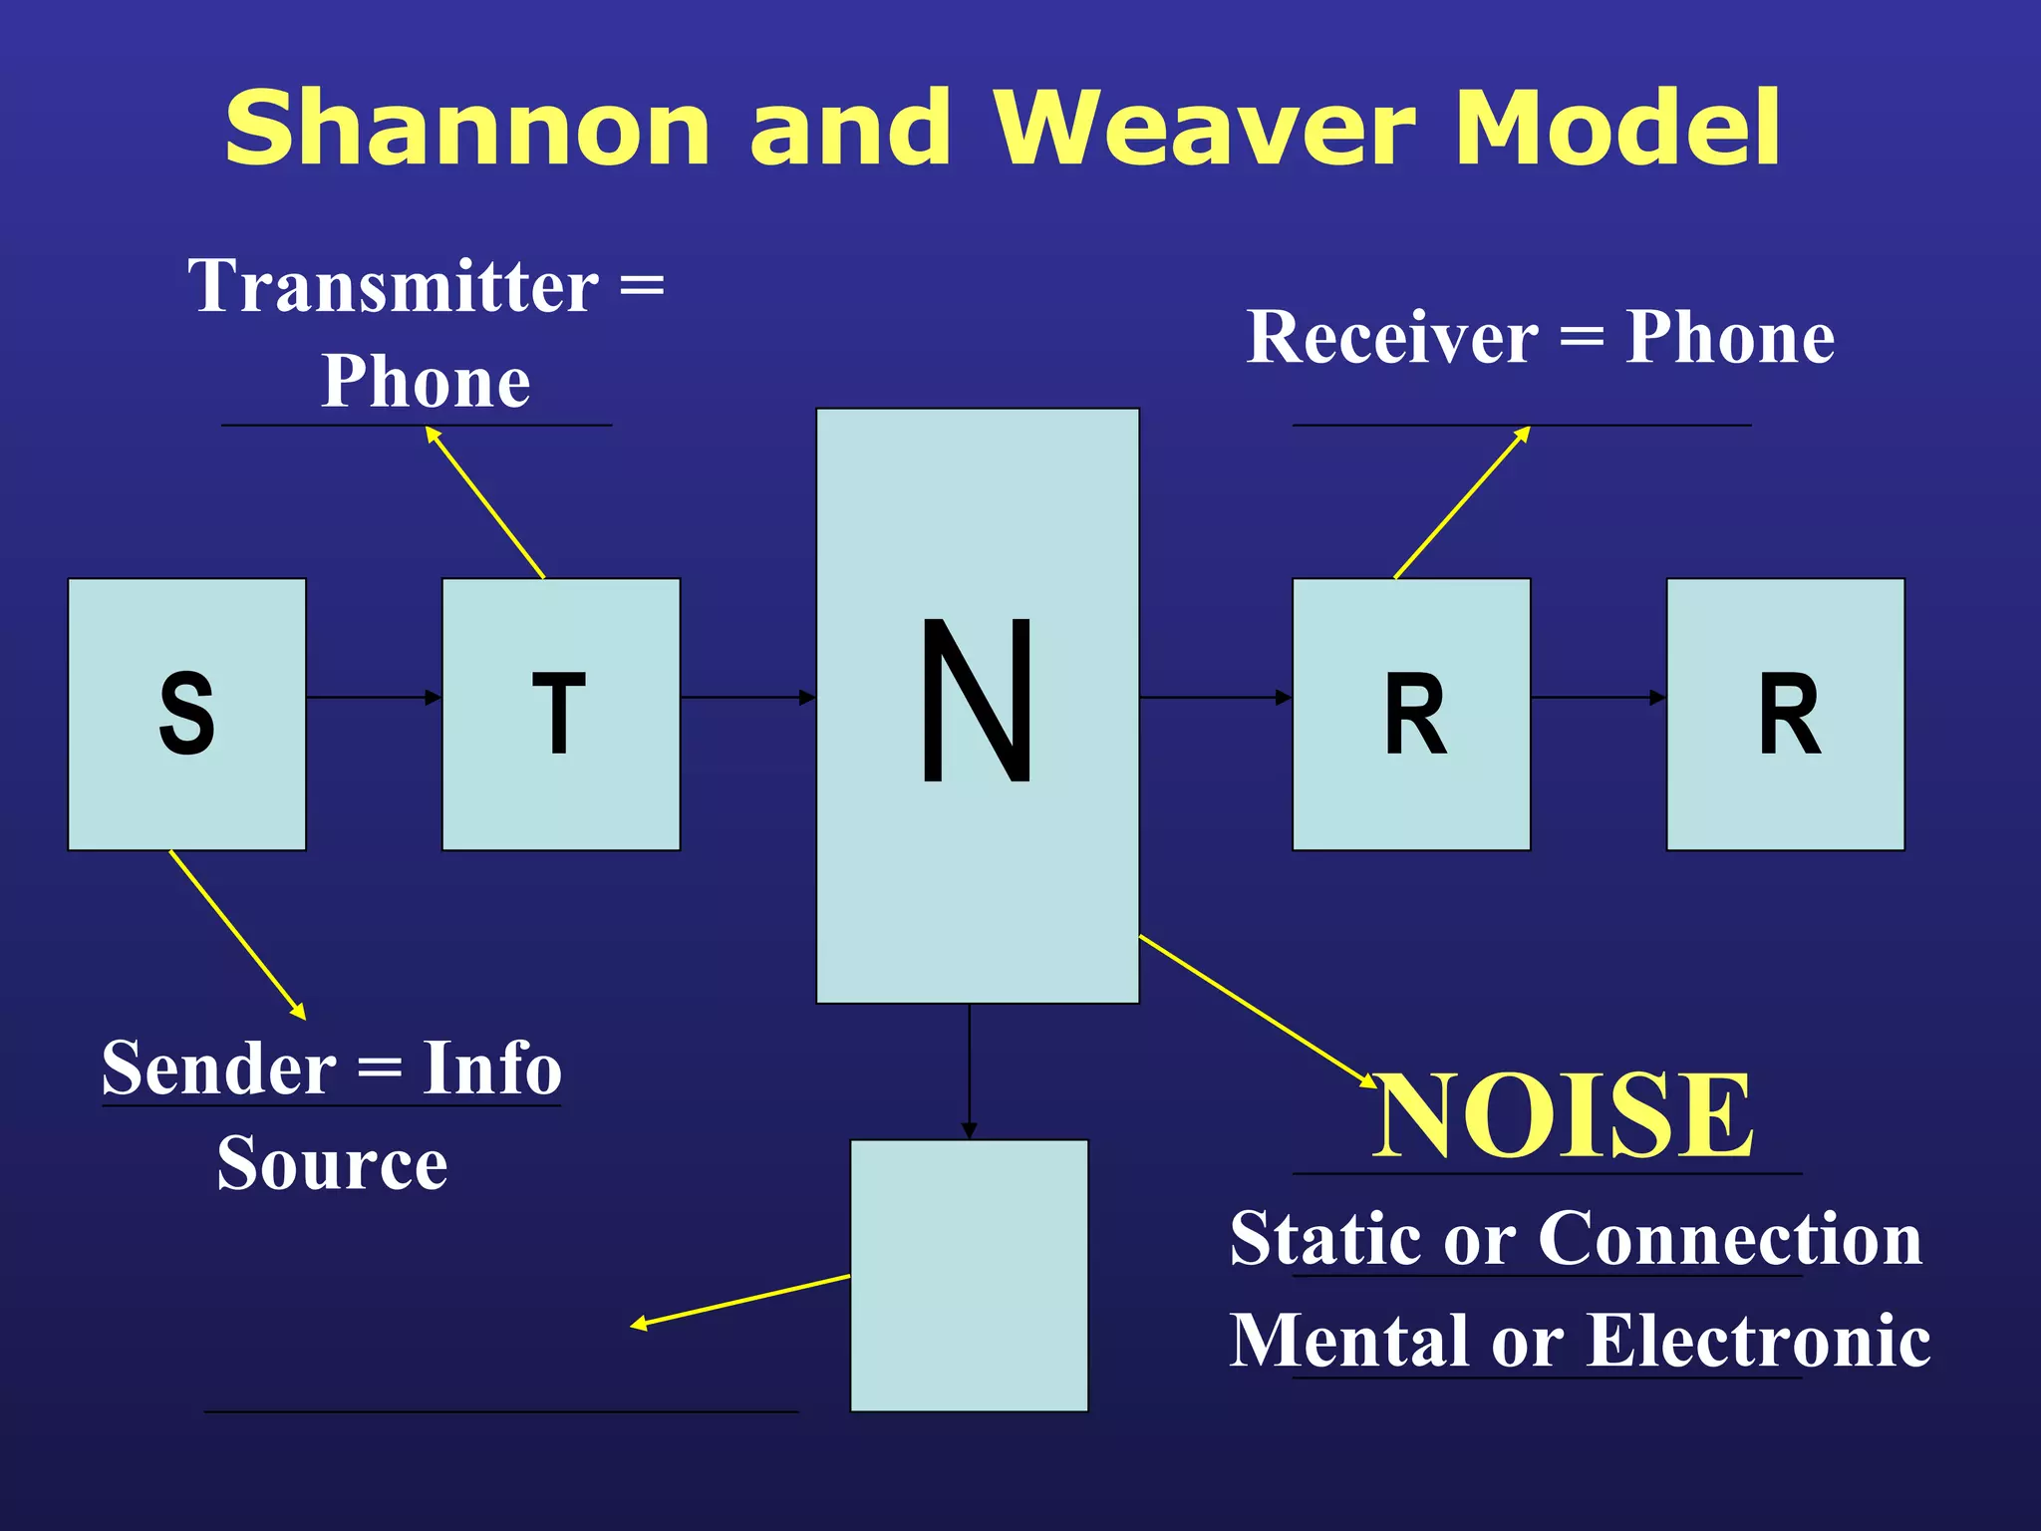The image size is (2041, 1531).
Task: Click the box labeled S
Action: pos(186,714)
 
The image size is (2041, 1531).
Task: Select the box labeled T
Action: pos(560,714)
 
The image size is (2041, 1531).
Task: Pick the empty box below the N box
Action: pos(969,1275)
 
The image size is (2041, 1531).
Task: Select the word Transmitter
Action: pos(394,286)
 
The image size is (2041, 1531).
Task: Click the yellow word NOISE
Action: pos(1563,1116)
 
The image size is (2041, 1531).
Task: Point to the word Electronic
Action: pos(1758,1341)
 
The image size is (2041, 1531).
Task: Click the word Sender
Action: pos(219,1069)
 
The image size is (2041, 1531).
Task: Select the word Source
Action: pos(332,1163)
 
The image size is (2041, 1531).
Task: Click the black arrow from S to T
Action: pos(374,697)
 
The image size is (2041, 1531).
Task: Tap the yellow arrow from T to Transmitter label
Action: pos(485,502)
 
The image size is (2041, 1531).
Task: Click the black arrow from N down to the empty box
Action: pos(969,1071)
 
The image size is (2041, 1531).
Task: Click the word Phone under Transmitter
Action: pos(426,382)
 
